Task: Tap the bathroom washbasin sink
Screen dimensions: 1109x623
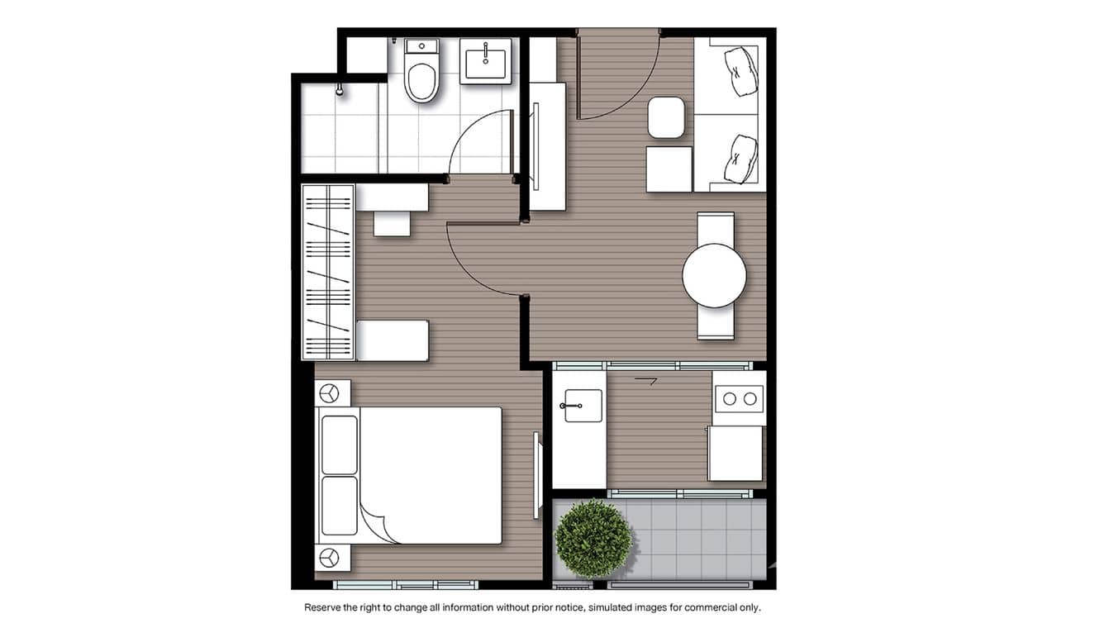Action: tap(487, 60)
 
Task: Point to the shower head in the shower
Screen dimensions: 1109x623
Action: tap(339, 89)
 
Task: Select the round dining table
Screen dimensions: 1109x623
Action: tap(714, 275)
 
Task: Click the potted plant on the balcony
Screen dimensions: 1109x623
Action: tap(593, 538)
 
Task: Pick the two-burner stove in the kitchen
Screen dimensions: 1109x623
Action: tap(739, 398)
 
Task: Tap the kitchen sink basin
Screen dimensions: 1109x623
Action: tap(583, 406)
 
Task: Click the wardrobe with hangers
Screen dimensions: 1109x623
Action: tap(328, 273)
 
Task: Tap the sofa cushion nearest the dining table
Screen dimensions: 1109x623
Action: tap(740, 159)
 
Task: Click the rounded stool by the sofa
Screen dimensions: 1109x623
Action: tap(666, 117)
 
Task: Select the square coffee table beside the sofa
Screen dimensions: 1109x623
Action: tap(669, 169)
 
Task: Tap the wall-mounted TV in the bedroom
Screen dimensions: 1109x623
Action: tap(536, 464)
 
